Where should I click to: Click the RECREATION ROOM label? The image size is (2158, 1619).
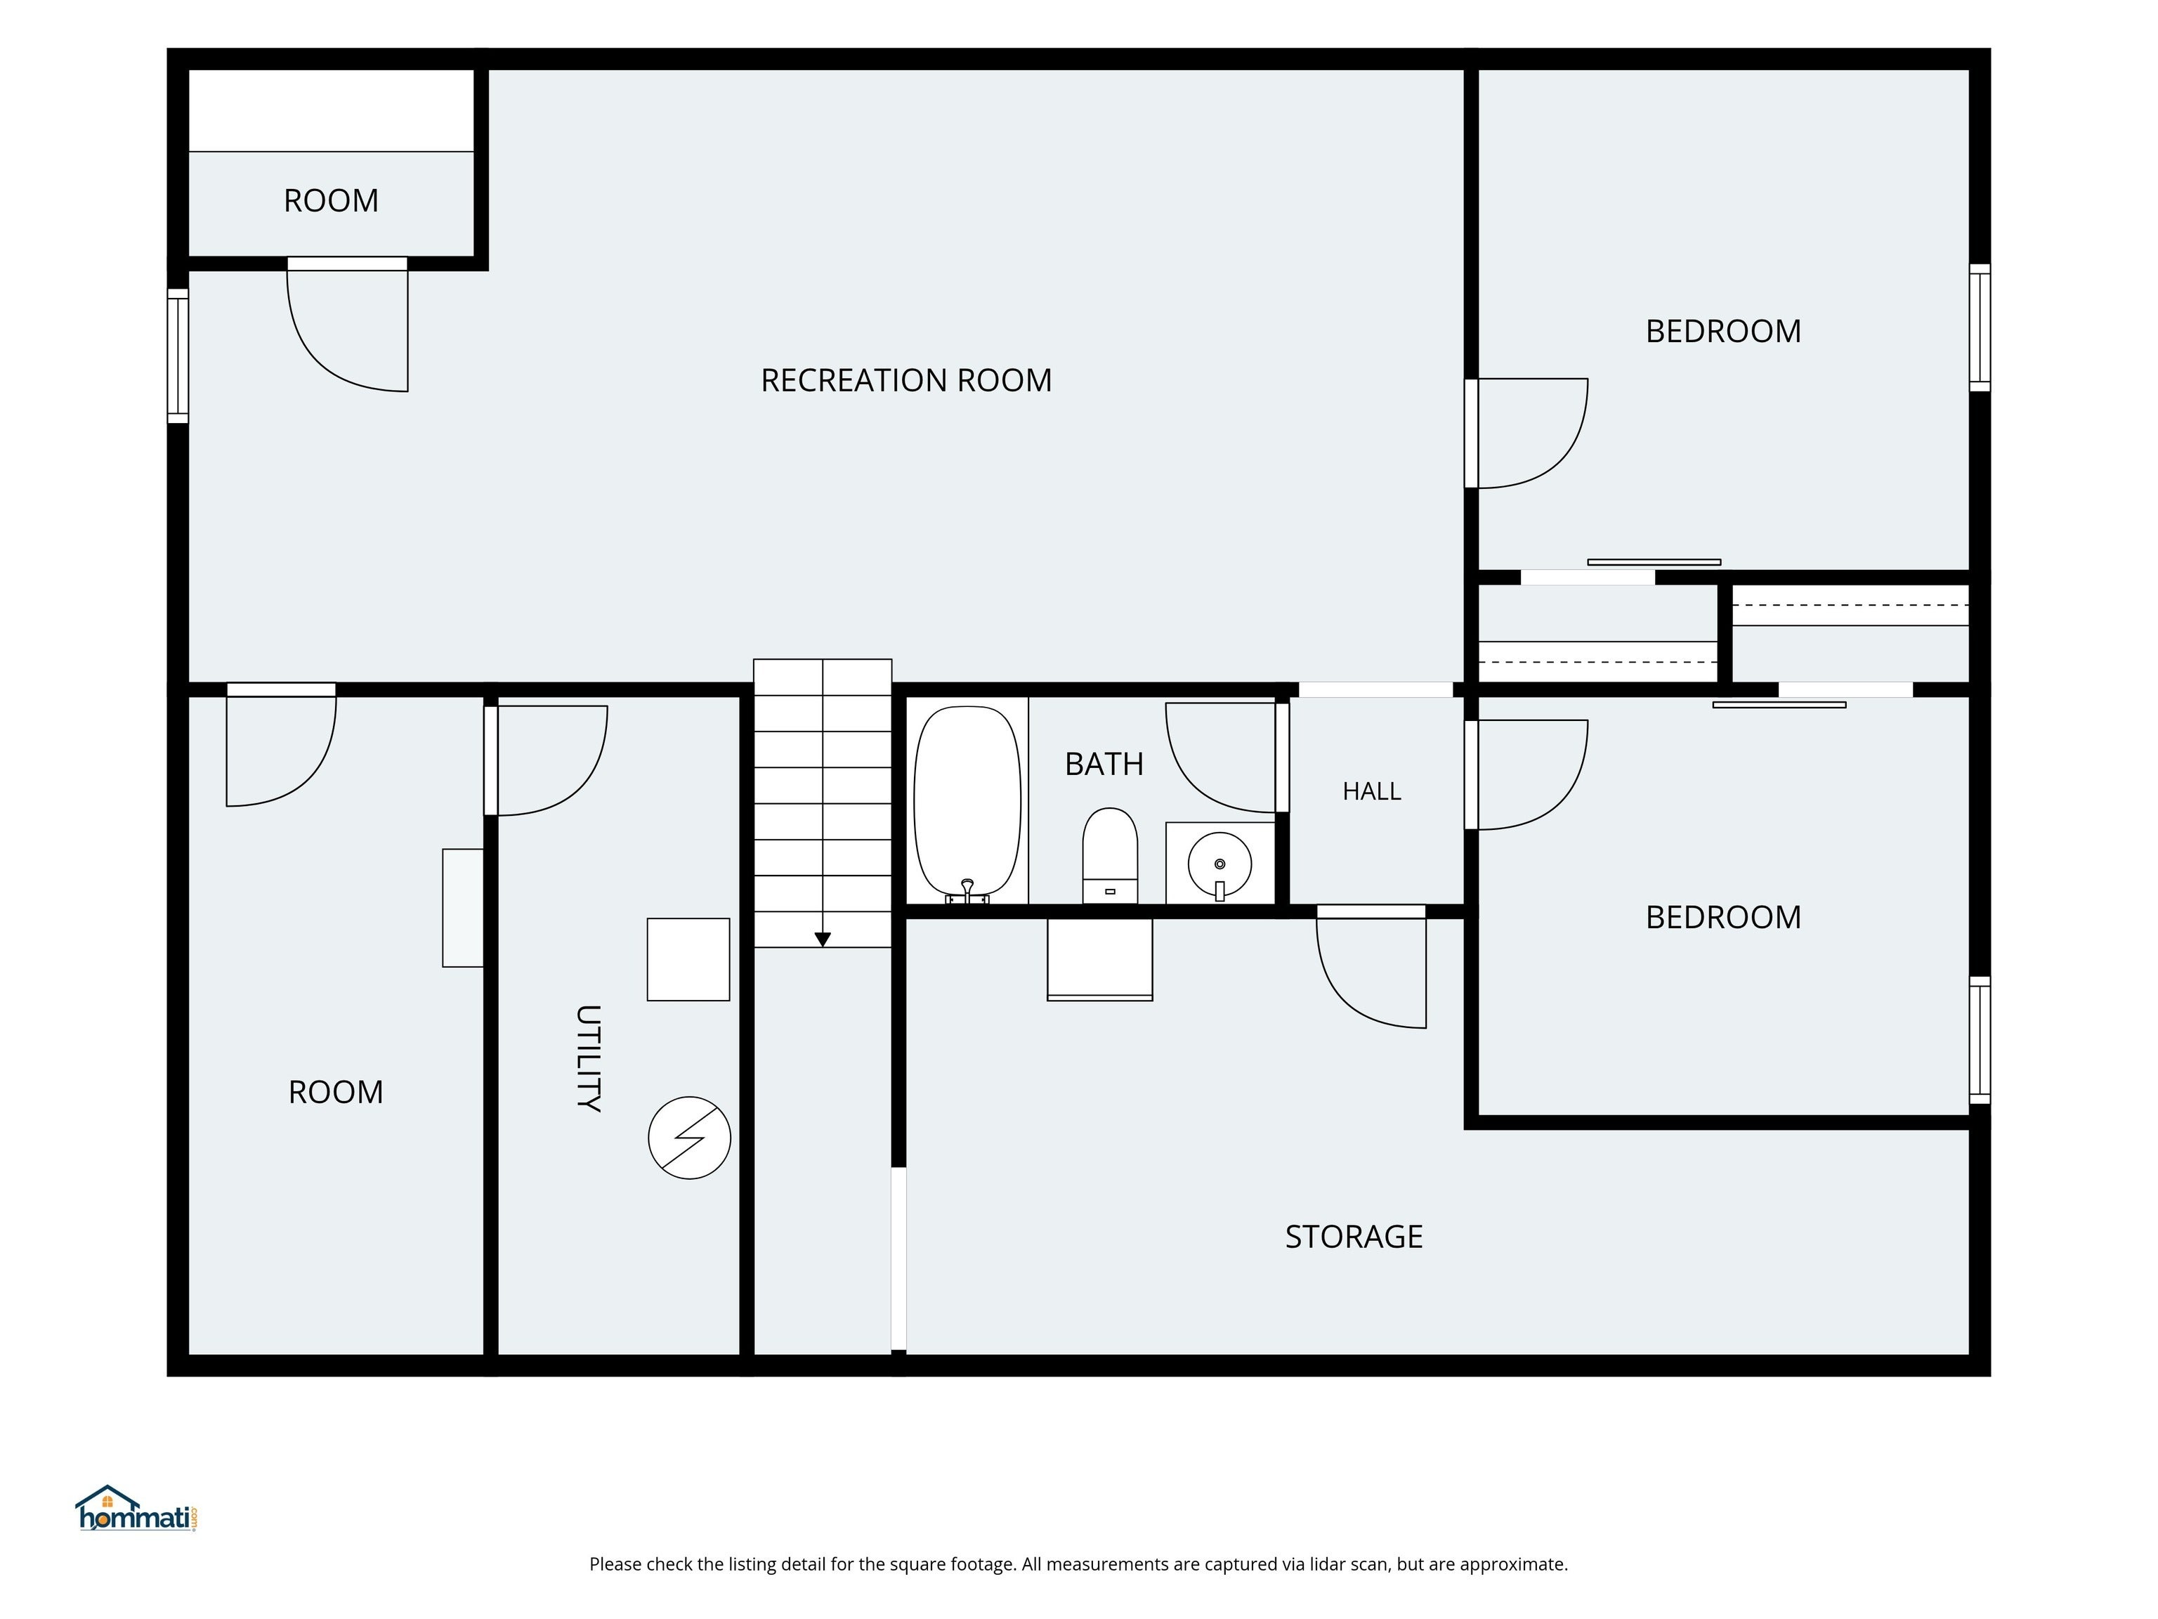[906, 379]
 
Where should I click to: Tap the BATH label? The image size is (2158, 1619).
[1104, 763]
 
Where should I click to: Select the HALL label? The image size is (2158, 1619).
[1372, 791]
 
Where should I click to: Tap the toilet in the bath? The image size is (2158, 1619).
[1110, 855]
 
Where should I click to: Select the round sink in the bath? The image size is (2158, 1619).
[1219, 864]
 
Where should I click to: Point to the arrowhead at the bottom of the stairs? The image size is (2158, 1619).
[823, 939]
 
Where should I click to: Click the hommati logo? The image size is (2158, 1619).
[136, 1509]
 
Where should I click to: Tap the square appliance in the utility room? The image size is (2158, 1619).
[688, 959]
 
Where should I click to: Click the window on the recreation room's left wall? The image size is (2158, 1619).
[178, 356]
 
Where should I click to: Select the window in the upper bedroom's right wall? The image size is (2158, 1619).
[1980, 328]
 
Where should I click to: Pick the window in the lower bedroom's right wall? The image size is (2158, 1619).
[1980, 1039]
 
